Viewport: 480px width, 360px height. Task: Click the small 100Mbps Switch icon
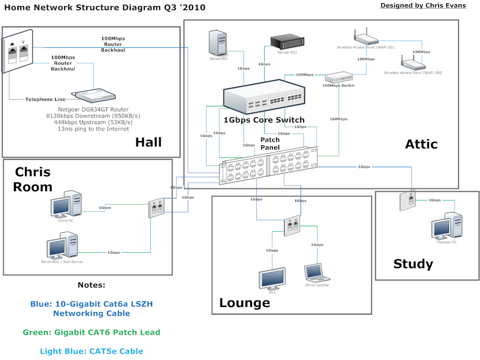click(x=339, y=77)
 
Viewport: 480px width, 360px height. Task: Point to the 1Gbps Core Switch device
click(x=264, y=98)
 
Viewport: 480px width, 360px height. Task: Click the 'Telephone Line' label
click(x=46, y=99)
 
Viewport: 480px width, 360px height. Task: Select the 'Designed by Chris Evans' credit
click(x=423, y=6)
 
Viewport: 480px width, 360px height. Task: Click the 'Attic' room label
click(x=421, y=144)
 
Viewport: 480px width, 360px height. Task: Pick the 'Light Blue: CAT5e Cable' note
click(x=91, y=351)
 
